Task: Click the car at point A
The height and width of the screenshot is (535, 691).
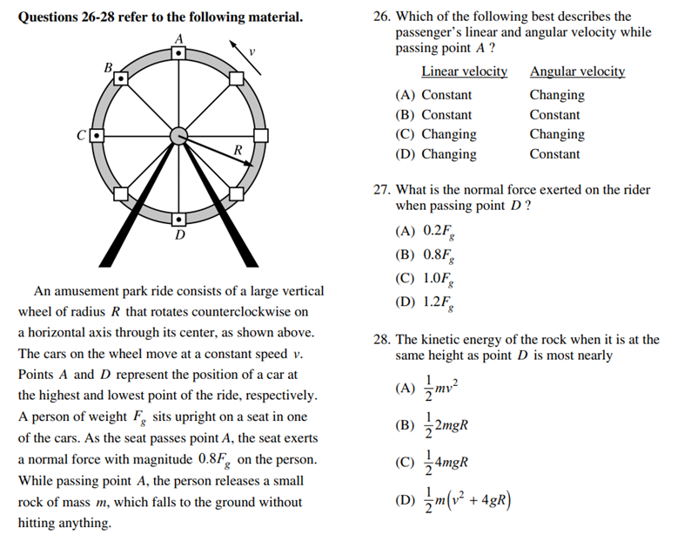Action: (178, 53)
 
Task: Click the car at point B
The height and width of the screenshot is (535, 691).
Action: (122, 79)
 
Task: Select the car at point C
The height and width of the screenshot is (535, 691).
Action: (97, 136)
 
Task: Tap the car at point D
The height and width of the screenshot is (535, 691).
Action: (178, 219)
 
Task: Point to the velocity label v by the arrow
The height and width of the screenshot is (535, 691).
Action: (252, 52)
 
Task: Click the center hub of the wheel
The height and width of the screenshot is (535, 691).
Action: (178, 136)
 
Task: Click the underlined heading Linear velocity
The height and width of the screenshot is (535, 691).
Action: (464, 71)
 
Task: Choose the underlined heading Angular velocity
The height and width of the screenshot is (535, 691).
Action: (577, 71)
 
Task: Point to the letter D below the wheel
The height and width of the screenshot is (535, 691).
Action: (179, 236)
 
